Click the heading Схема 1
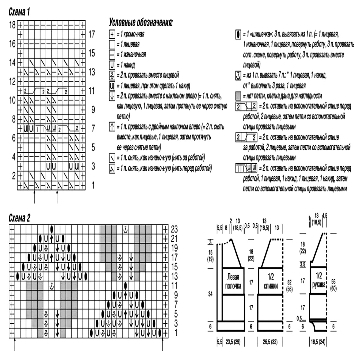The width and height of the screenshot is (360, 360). pyautogui.click(x=19, y=12)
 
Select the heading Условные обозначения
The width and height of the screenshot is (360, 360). pyautogui.click(x=140, y=23)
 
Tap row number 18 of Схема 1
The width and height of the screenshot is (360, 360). pyautogui.click(x=12, y=25)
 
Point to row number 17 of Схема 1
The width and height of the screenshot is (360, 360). pyautogui.click(x=91, y=34)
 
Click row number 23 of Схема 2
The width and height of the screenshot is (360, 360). pyautogui.click(x=174, y=229)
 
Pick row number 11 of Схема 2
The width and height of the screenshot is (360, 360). pyautogui.click(x=174, y=285)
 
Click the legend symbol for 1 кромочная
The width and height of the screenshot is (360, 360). pyautogui.click(x=112, y=34)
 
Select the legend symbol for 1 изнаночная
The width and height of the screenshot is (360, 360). pyautogui.click(x=112, y=55)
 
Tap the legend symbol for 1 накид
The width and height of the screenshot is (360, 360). pyautogui.click(x=112, y=65)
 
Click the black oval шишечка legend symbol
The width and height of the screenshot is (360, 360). pyautogui.click(x=238, y=34)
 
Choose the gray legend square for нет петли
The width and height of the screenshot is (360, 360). pyautogui.click(x=238, y=96)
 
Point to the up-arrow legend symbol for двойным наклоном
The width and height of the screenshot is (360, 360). pyautogui.click(x=112, y=127)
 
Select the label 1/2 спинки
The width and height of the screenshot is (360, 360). pyautogui.click(x=271, y=281)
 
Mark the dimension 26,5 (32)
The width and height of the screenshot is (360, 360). pyautogui.click(x=270, y=342)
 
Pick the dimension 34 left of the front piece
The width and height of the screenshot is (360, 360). pyautogui.click(x=210, y=294)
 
